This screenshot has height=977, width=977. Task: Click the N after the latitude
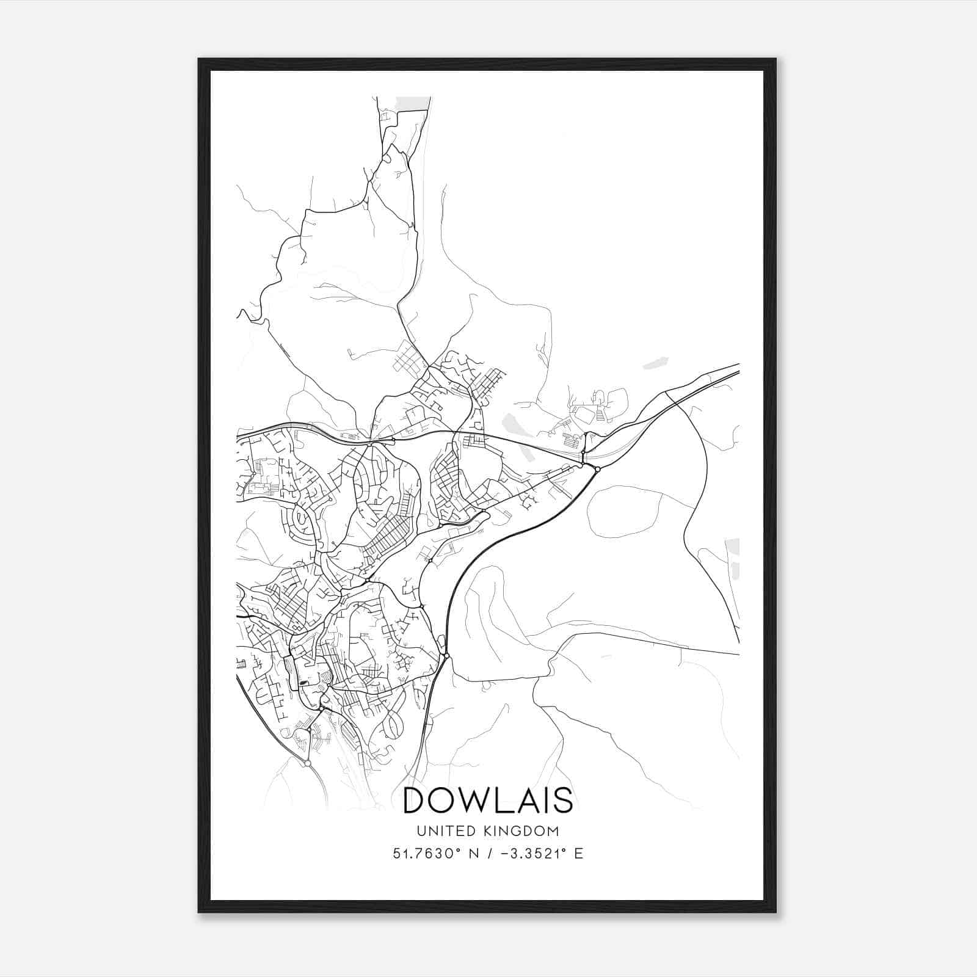(473, 854)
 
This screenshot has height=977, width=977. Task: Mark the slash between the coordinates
(490, 854)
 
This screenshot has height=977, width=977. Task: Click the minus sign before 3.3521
(506, 854)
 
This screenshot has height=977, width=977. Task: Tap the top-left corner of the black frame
(200, 60)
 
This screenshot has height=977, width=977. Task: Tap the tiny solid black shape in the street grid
(304, 682)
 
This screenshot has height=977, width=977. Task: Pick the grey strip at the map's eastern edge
(735, 557)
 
